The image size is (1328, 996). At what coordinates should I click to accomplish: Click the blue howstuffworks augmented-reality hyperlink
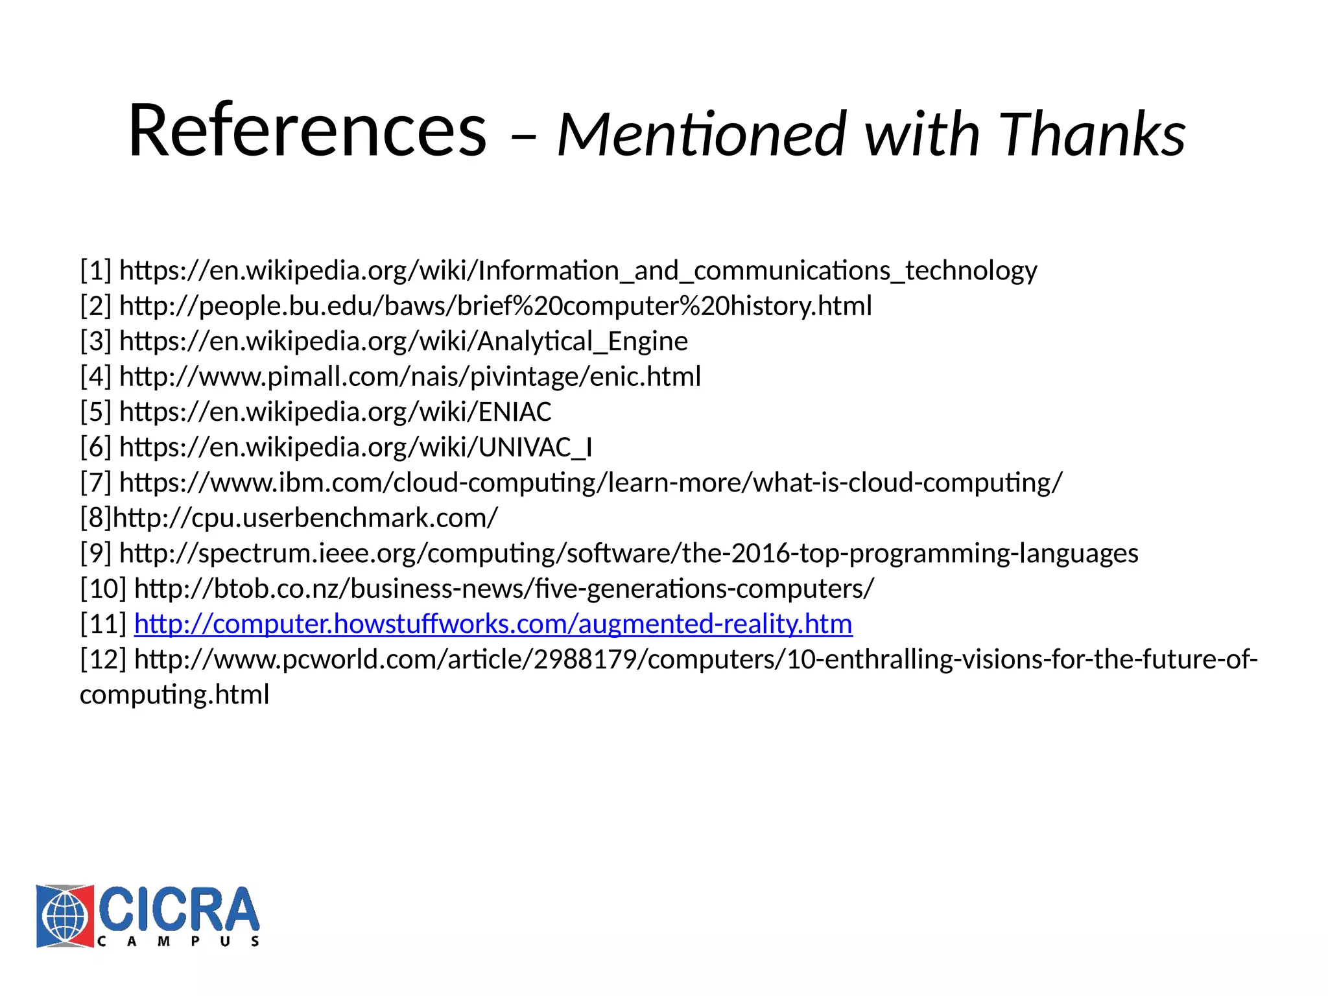(493, 624)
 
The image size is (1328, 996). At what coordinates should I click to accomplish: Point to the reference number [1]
(96, 270)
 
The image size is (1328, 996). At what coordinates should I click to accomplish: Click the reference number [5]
(96, 412)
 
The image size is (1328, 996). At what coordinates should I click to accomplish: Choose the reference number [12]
(103, 659)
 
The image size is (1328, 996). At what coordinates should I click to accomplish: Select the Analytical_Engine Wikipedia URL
(403, 341)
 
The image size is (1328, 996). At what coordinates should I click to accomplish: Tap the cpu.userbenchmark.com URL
(305, 518)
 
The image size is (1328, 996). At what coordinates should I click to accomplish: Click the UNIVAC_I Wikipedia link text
(355, 447)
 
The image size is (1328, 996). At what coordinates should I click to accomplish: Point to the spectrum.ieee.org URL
(628, 554)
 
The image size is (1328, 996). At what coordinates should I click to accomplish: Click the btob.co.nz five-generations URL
(504, 589)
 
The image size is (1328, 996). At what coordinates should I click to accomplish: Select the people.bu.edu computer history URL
(495, 306)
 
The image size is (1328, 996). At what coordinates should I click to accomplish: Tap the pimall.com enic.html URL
(410, 377)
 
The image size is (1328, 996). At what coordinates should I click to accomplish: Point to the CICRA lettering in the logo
(178, 909)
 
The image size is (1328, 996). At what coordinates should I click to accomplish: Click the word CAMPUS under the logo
(178, 942)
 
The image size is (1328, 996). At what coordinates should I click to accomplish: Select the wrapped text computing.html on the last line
(174, 695)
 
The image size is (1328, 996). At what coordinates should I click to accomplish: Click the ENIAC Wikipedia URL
(335, 412)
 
